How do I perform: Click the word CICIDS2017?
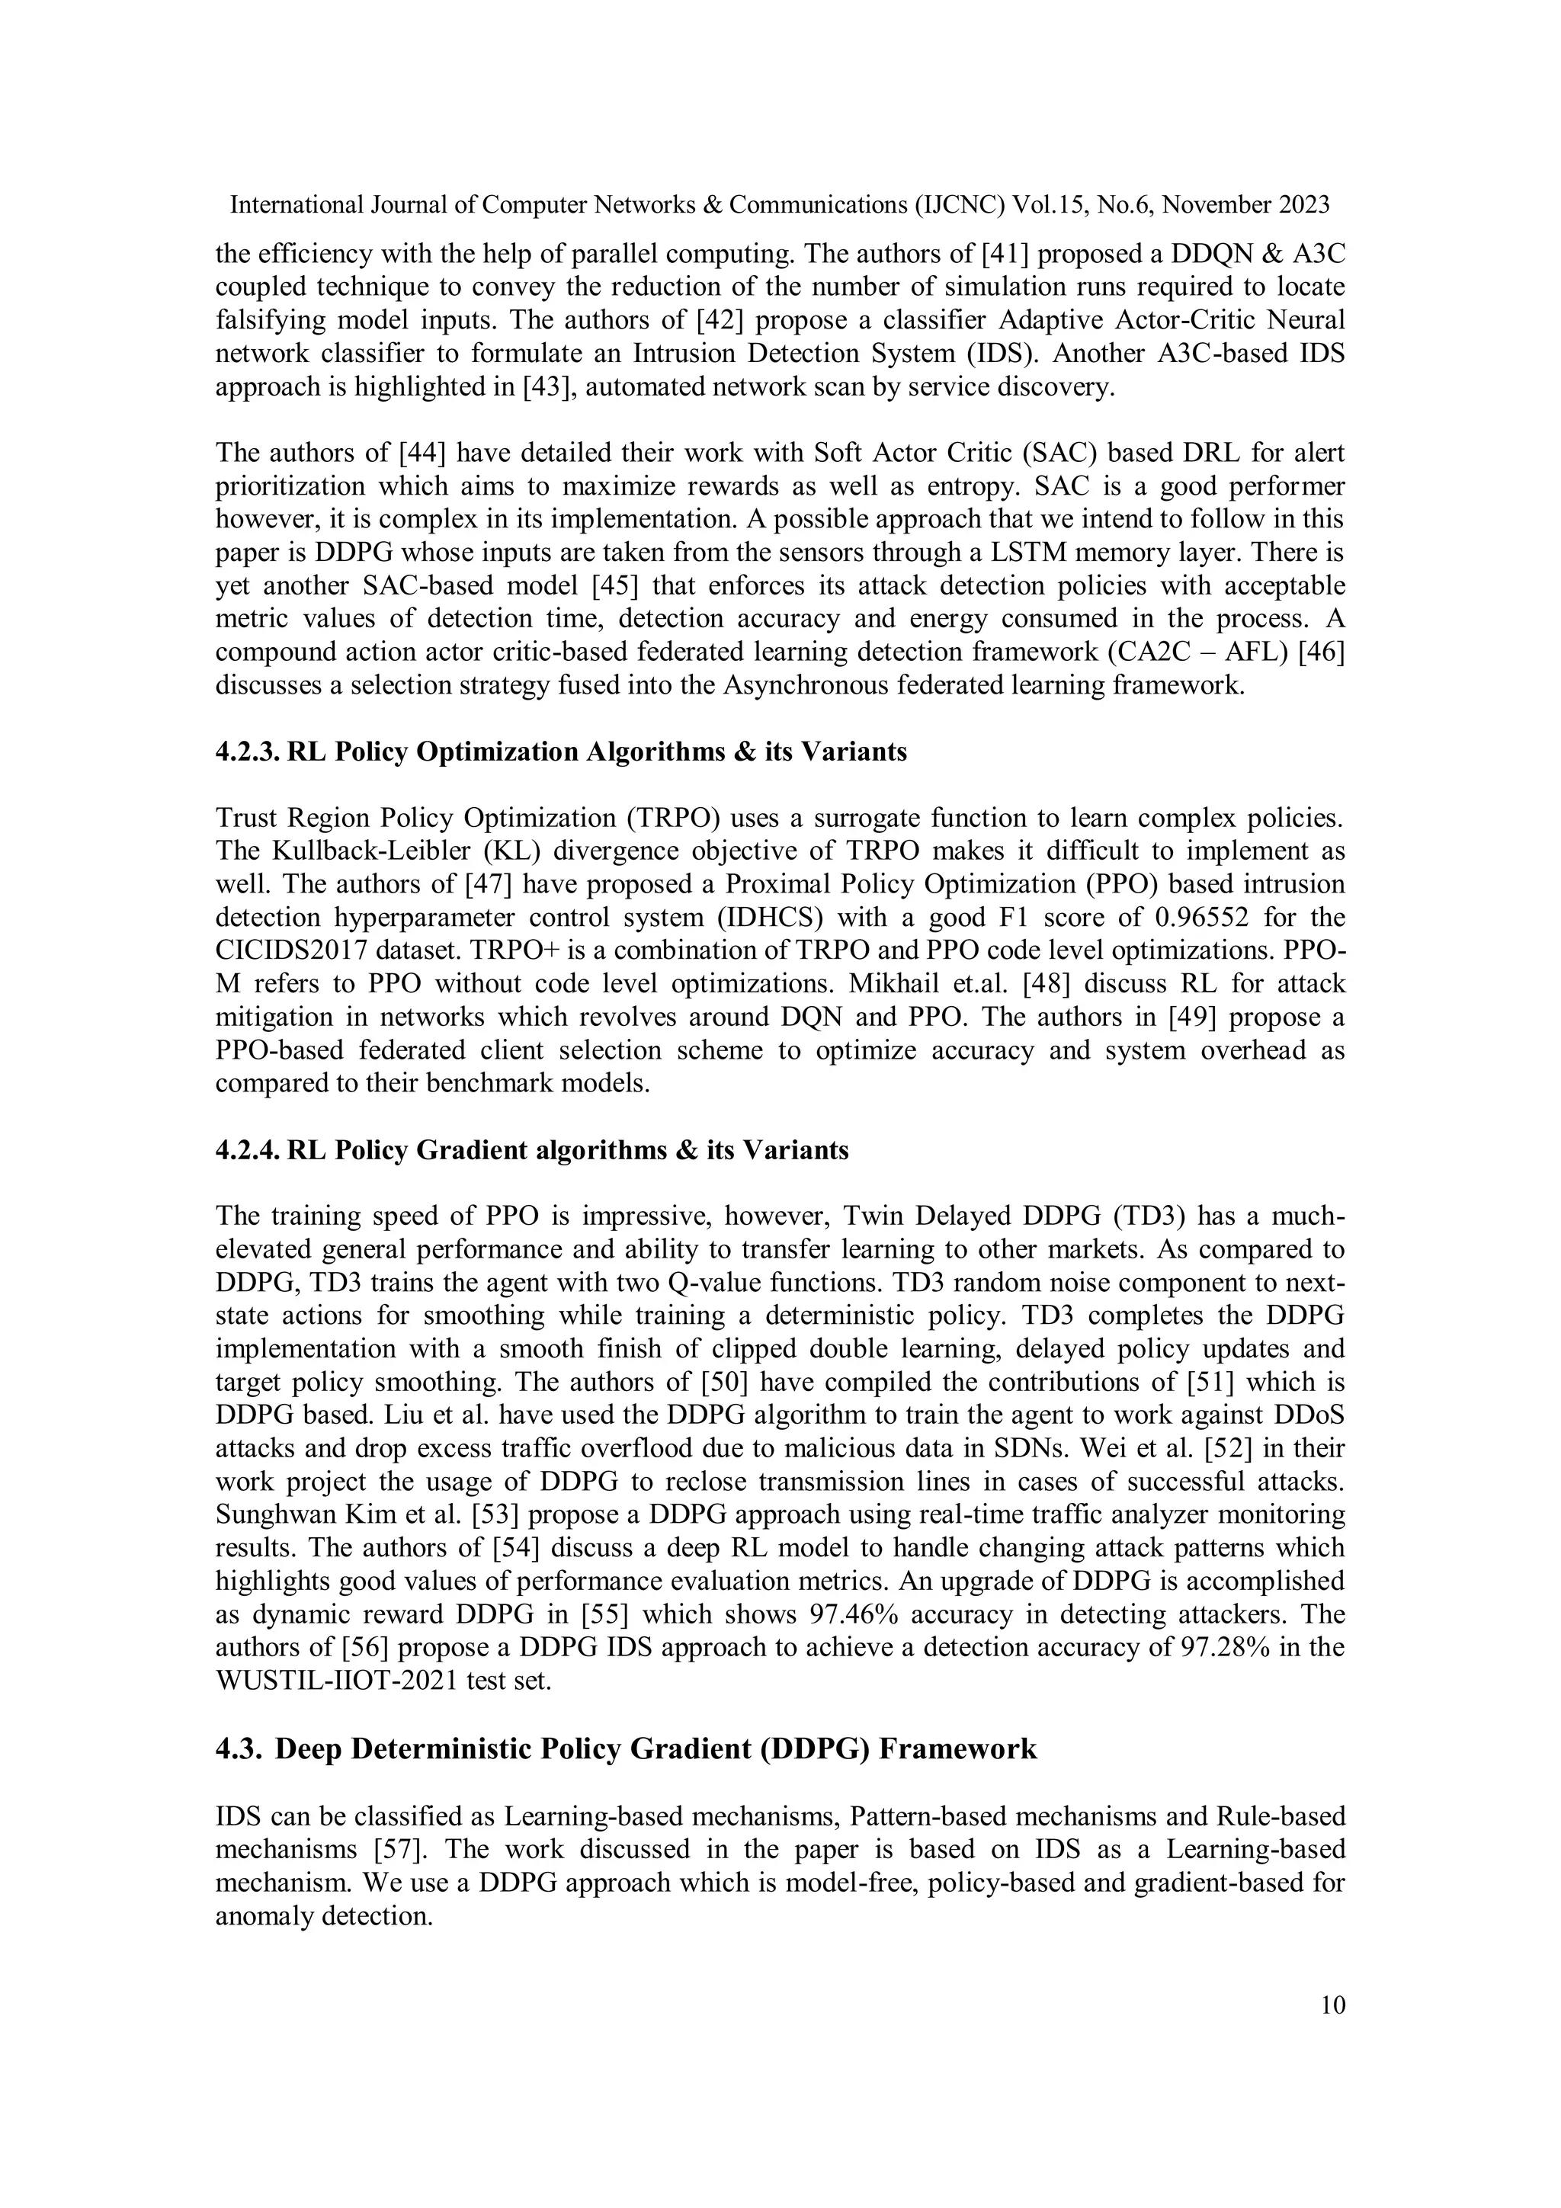pyautogui.click(x=293, y=950)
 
